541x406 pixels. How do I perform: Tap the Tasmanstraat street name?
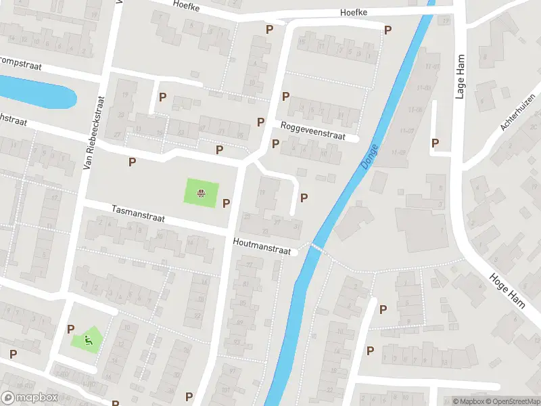138,215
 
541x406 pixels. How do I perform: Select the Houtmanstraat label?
262,246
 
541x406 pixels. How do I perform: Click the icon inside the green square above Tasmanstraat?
201,194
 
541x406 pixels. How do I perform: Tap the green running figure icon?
88,338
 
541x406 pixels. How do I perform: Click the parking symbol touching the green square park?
226,203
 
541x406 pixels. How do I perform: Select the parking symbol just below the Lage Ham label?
435,143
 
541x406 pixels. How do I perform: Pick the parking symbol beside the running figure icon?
70,329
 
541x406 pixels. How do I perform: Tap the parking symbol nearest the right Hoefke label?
387,30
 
